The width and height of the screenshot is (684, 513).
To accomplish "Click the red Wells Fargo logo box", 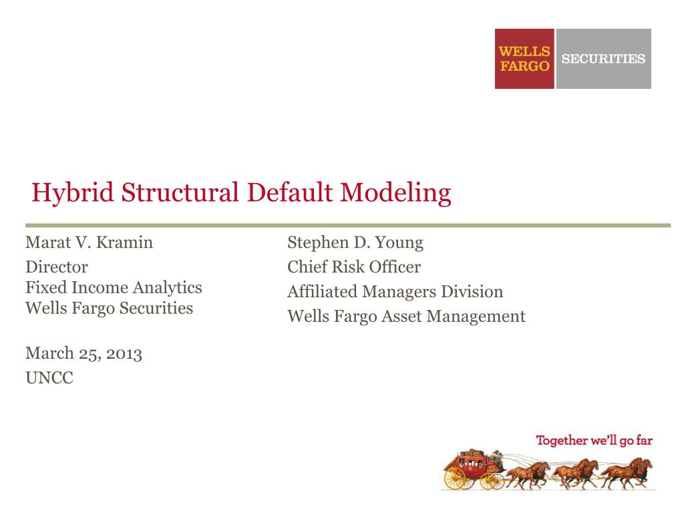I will click(x=524, y=59).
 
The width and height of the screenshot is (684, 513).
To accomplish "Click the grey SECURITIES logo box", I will click(x=603, y=59).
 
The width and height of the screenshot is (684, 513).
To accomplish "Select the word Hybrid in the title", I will click(x=72, y=193).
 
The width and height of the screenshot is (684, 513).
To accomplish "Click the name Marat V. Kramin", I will click(x=89, y=242).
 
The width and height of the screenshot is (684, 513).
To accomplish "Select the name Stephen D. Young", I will click(x=355, y=242).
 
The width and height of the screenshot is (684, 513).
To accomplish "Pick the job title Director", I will click(x=57, y=267).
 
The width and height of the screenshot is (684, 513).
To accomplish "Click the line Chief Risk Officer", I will click(x=354, y=267).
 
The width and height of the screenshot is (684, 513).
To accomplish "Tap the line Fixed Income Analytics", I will click(x=114, y=288).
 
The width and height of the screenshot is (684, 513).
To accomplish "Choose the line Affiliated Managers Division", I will click(x=395, y=292).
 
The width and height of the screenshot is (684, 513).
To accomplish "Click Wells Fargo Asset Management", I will click(x=406, y=317).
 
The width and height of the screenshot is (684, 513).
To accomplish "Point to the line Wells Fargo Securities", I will click(x=109, y=309).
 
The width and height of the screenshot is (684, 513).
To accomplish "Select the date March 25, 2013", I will click(x=83, y=353).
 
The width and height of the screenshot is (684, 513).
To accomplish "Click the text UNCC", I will click(x=49, y=378).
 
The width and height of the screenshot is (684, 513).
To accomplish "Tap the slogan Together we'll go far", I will click(x=594, y=440).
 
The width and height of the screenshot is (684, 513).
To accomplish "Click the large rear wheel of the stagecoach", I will click(x=456, y=478).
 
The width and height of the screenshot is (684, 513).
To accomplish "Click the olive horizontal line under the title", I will click(x=347, y=225).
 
